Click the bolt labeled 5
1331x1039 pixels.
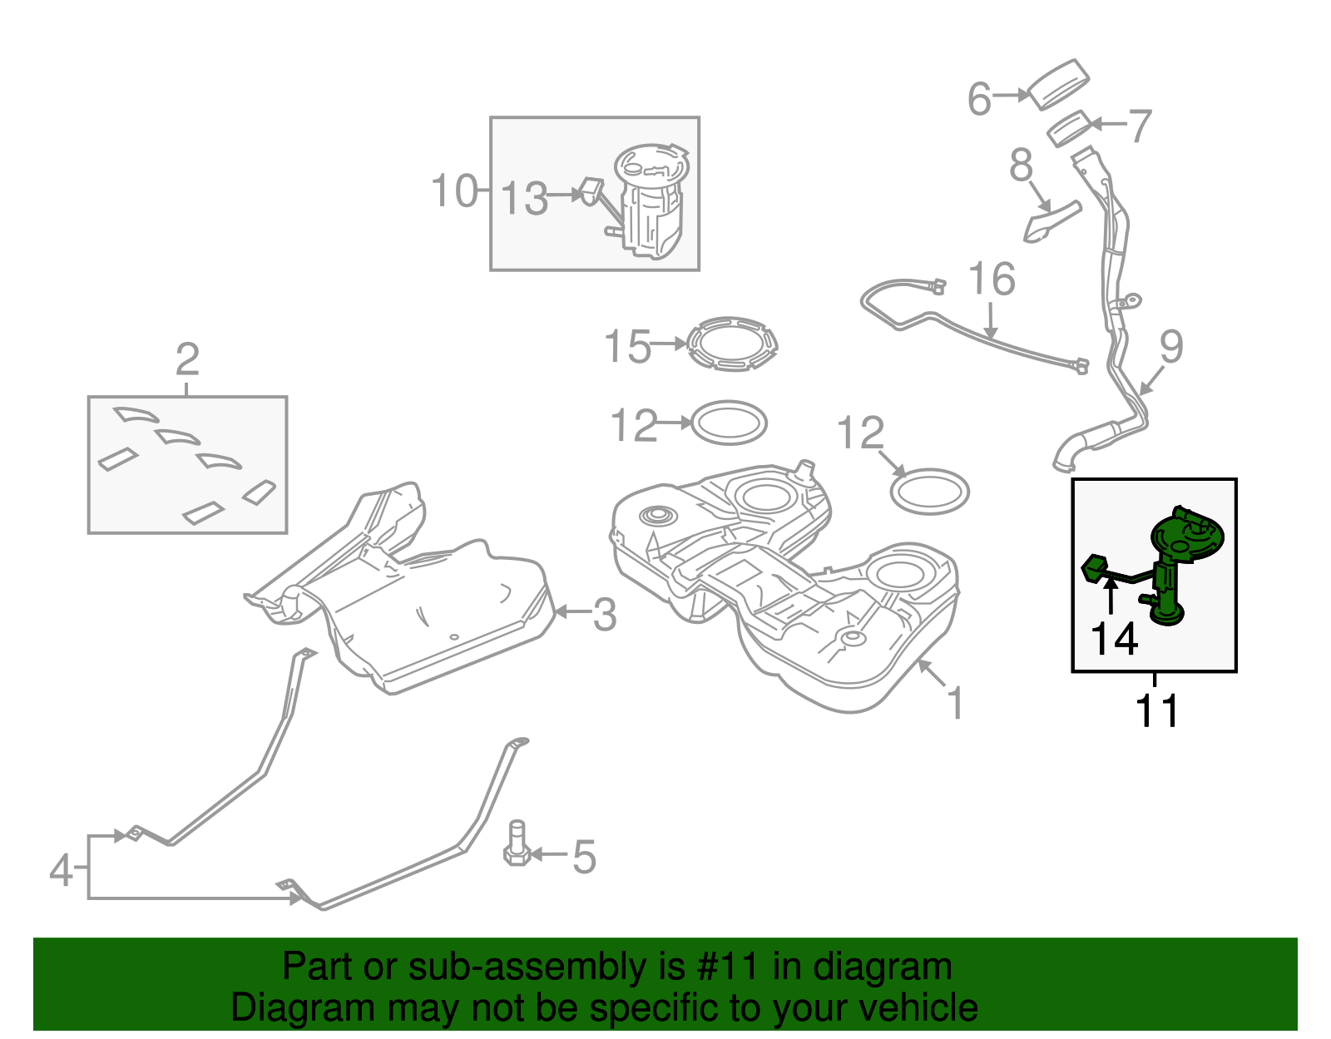point(517,844)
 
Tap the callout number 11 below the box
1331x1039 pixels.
point(1156,711)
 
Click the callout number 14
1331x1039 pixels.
point(1114,640)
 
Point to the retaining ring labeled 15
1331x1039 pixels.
point(732,343)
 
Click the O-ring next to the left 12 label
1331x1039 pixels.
point(729,423)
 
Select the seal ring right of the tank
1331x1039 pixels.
point(929,492)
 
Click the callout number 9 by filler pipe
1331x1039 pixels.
point(1170,347)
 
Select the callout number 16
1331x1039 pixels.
point(992,280)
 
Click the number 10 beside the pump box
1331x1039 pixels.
point(454,190)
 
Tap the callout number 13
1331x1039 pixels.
point(524,200)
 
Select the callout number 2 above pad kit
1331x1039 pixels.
point(187,360)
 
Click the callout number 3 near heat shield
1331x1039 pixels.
point(604,615)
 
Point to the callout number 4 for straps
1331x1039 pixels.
point(60,870)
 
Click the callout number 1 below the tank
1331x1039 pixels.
point(955,703)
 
